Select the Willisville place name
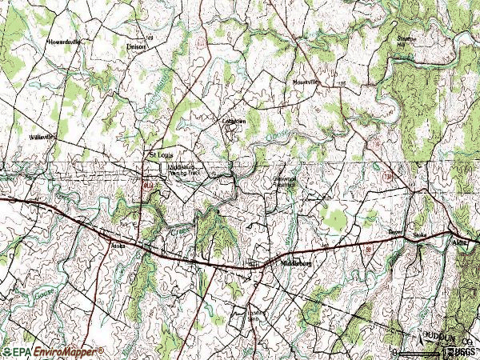point(41,137)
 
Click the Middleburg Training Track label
point(183,170)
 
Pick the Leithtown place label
point(233,121)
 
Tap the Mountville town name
point(305,82)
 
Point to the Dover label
point(394,232)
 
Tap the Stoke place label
point(419,236)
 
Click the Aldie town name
point(459,240)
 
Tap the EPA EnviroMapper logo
point(53,351)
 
